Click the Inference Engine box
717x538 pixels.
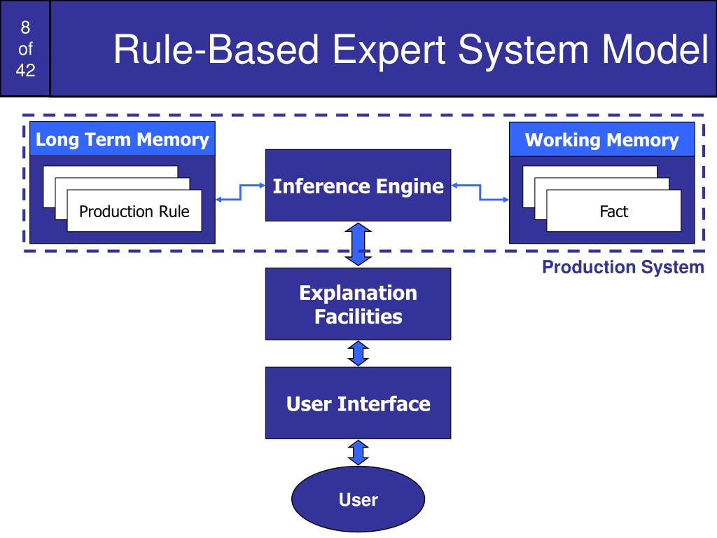[x=358, y=185]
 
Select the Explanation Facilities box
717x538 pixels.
[x=358, y=304]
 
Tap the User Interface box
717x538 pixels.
[x=358, y=403]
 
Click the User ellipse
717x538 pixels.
[x=358, y=499]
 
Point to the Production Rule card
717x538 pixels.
[x=134, y=211]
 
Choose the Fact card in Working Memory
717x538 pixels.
[x=613, y=211]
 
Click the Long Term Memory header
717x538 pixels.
[x=122, y=139]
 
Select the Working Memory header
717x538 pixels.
[x=601, y=139]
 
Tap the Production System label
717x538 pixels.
[x=622, y=267]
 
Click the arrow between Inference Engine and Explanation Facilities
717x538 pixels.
[x=358, y=244]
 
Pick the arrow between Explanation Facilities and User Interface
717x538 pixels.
[x=358, y=353]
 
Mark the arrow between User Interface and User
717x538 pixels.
[x=358, y=453]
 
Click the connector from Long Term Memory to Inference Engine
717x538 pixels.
[x=241, y=192]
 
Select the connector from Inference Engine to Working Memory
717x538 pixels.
[x=480, y=192]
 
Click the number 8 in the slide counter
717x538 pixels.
[x=25, y=27]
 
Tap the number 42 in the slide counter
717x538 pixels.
[x=25, y=70]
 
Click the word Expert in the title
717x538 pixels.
[x=389, y=50]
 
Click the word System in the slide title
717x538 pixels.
[x=523, y=50]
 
